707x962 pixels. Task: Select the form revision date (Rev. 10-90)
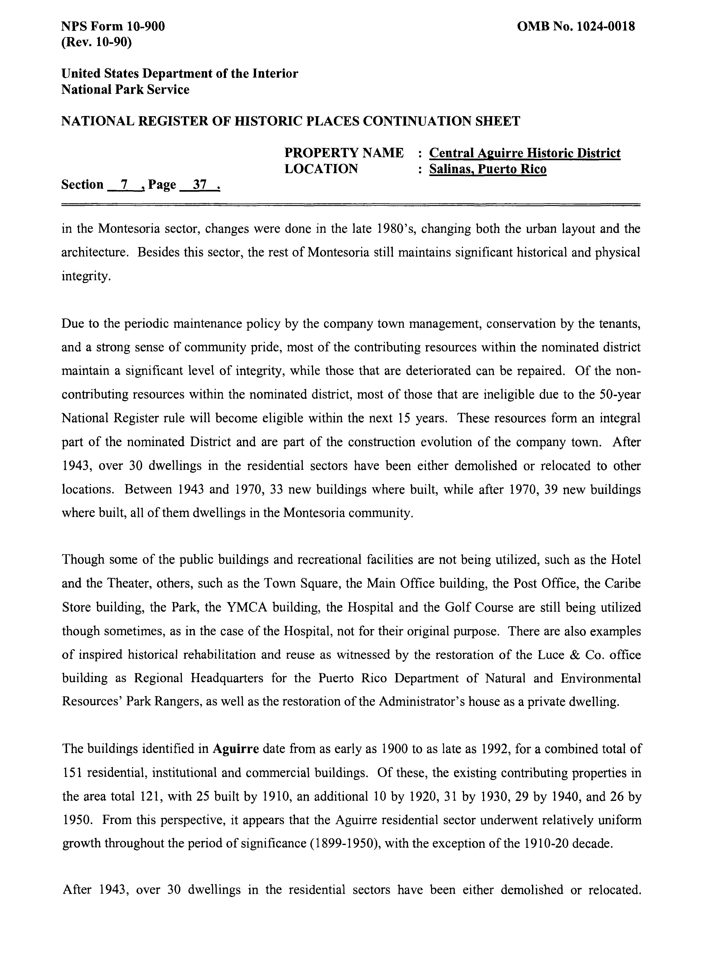coord(96,42)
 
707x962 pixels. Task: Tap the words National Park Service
coord(125,89)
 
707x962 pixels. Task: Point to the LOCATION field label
coord(321,169)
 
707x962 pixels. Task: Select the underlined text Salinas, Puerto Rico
coord(488,169)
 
